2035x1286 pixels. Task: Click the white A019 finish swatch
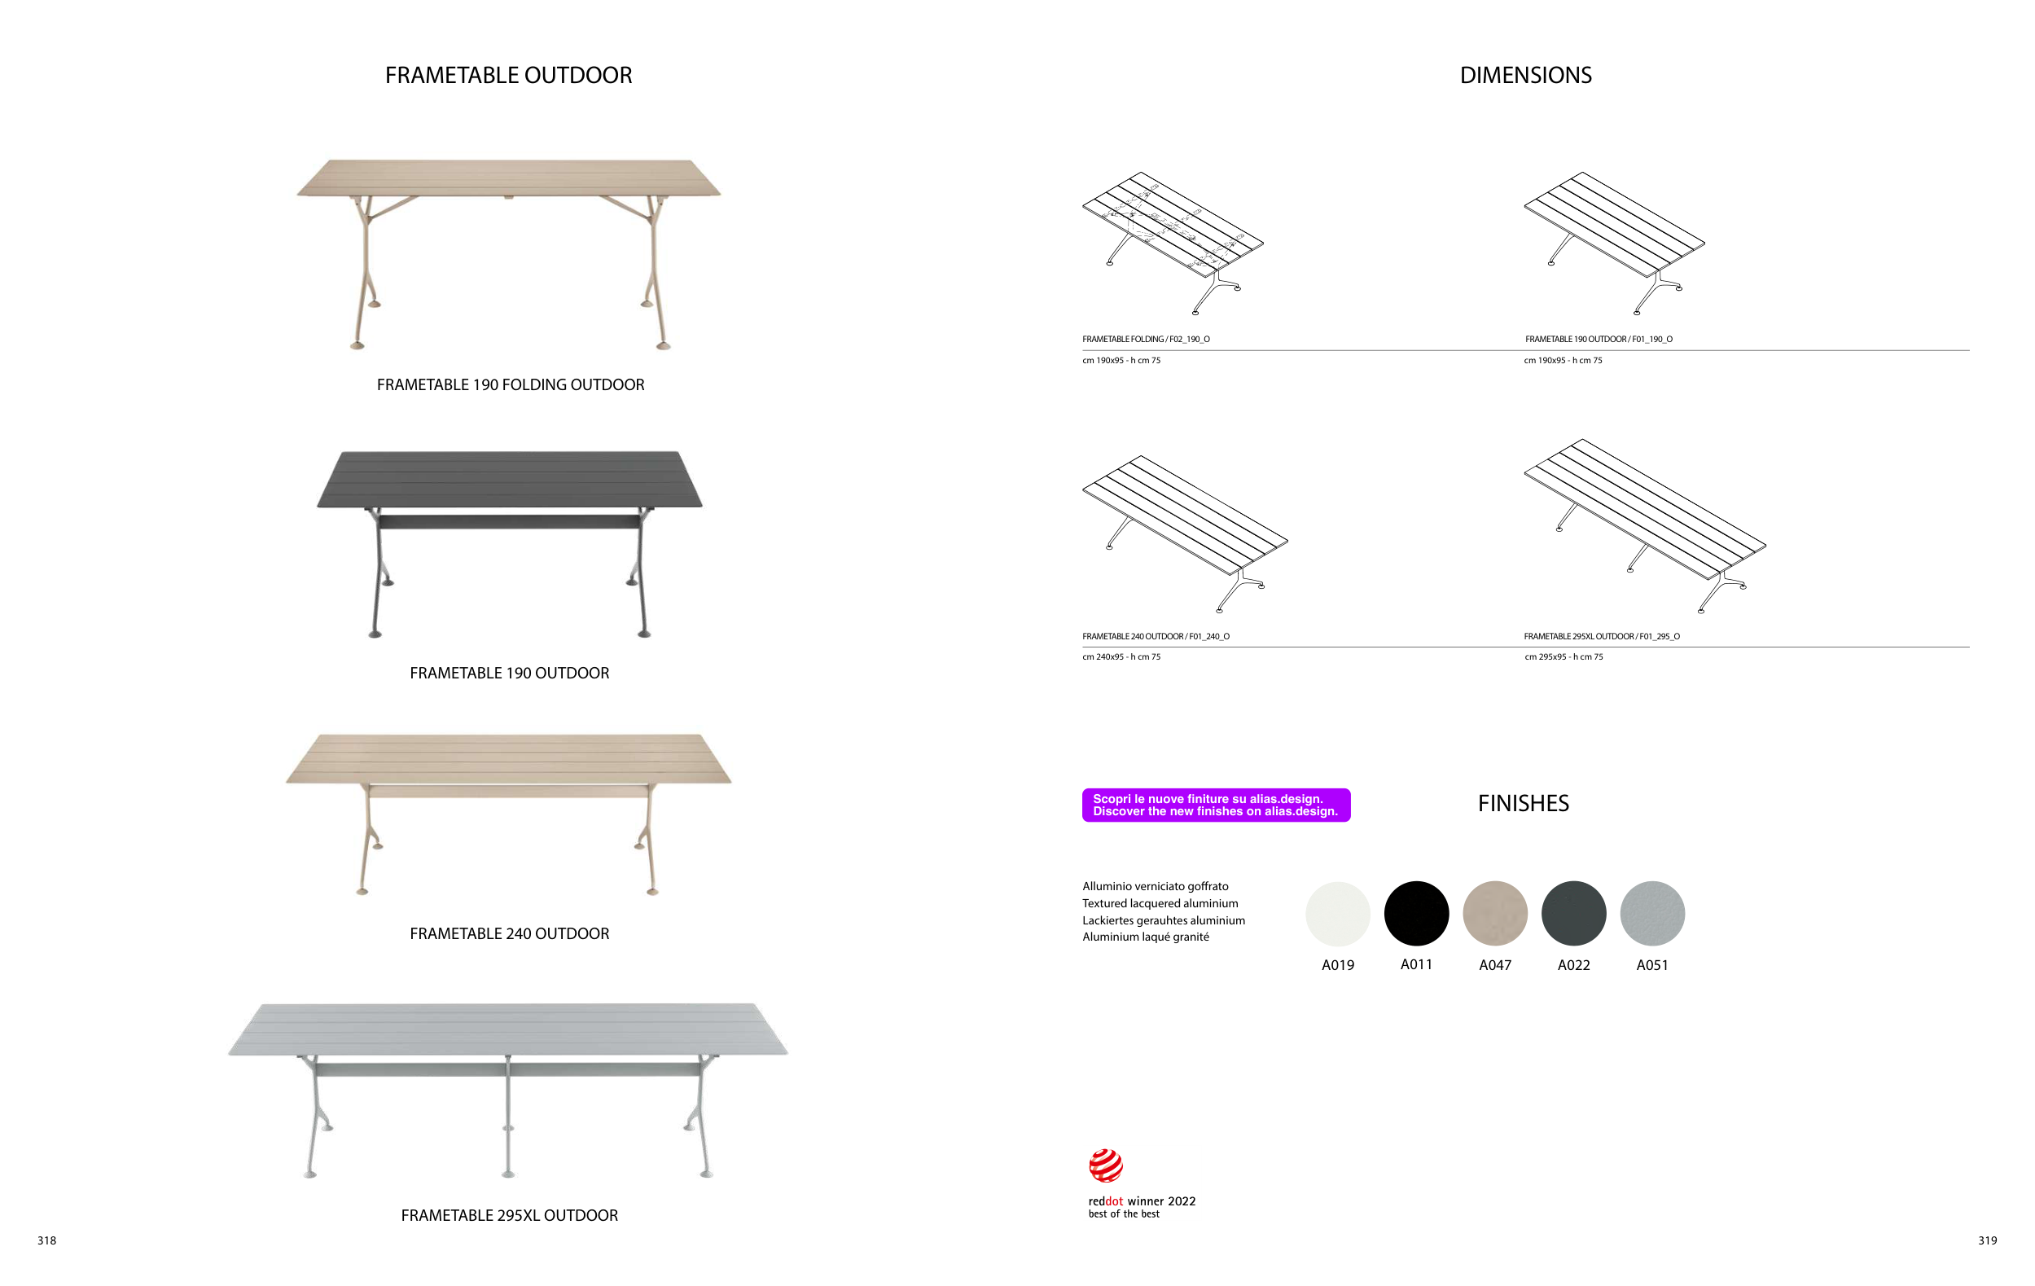[1338, 913]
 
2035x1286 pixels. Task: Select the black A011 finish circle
[1416, 913]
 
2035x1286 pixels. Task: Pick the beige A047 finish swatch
[1495, 913]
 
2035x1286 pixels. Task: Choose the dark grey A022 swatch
[1573, 913]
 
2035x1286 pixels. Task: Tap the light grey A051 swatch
[1652, 913]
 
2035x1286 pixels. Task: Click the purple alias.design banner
[1216, 805]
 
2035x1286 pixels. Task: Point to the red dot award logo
[1106, 1166]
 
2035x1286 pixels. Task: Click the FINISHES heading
[1523, 804]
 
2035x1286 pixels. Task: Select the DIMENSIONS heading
[1525, 75]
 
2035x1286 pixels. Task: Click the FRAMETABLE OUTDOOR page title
[508, 75]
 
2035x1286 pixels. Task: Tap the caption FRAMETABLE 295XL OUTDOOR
[510, 1215]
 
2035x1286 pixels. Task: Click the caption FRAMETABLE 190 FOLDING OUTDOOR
[511, 384]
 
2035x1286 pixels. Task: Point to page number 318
[47, 1240]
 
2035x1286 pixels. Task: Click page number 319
[1988, 1240]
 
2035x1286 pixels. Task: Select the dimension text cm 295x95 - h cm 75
[1564, 656]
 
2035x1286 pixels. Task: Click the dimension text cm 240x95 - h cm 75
[1121, 656]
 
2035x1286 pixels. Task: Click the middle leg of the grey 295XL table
[508, 1115]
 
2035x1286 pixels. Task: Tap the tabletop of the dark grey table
[510, 478]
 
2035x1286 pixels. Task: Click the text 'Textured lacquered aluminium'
[1160, 903]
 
